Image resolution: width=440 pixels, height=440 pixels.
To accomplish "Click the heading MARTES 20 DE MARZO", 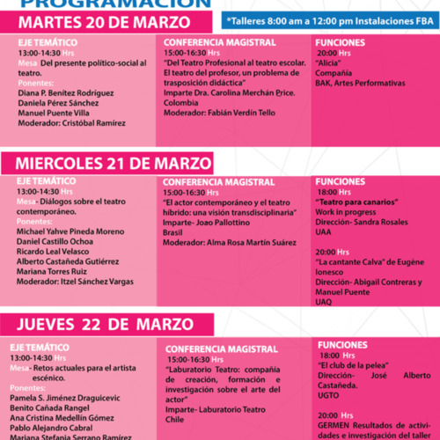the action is [x=93, y=20].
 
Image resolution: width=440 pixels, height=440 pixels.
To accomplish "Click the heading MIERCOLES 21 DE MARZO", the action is [x=112, y=164].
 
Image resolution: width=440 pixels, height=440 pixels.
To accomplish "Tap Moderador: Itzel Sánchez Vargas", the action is [x=73, y=282].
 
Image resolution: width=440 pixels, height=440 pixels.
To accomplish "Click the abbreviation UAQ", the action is [x=324, y=301].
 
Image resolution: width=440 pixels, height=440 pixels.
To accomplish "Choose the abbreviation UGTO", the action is [x=329, y=394].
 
